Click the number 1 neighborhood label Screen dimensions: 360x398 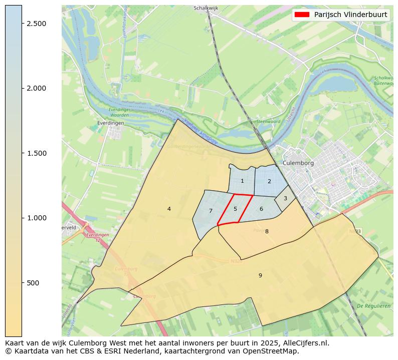click(242, 181)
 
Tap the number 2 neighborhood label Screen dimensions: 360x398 click(269, 181)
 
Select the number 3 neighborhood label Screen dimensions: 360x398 click(285, 198)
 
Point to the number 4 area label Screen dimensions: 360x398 click(169, 209)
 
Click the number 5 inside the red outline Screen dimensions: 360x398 click(235, 209)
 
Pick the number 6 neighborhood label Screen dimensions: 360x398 click(261, 209)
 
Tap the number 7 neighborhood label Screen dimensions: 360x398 click(211, 211)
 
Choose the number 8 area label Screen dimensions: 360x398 click(267, 231)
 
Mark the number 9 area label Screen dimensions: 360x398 click(260, 275)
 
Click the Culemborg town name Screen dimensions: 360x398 click(298, 163)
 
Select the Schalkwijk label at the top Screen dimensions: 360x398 click(207, 9)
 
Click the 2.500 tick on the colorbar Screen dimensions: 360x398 click(37, 24)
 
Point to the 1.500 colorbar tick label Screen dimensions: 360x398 click(37, 153)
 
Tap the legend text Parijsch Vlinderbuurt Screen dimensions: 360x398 click(350, 15)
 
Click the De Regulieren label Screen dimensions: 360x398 click(373, 306)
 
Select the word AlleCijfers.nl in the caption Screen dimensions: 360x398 click(305, 343)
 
